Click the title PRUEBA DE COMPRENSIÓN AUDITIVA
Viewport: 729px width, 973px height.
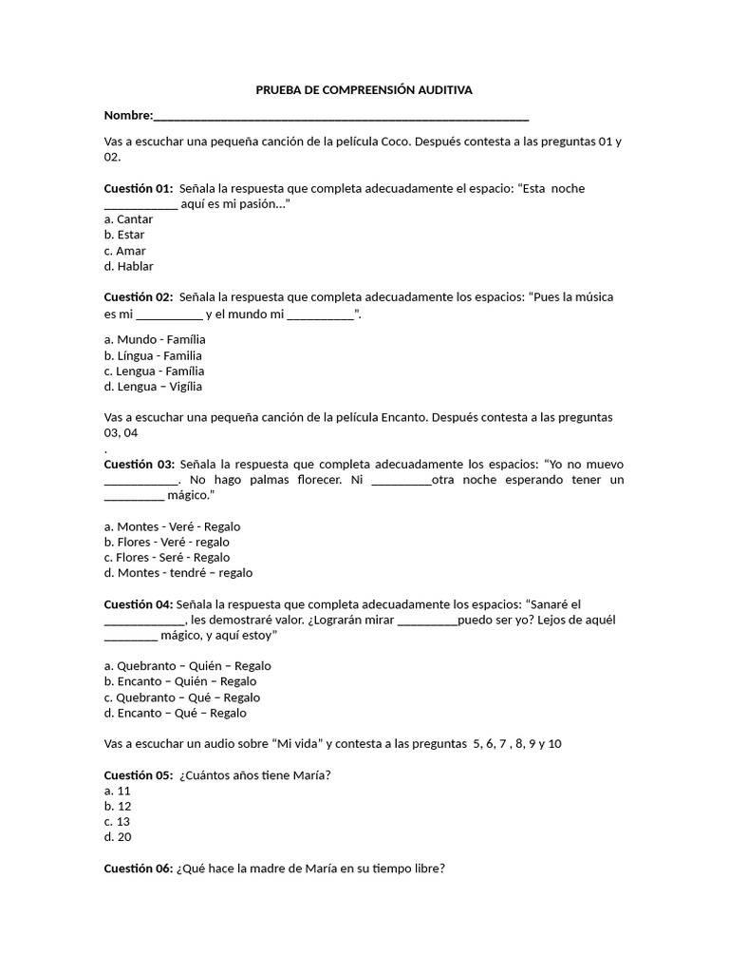(364, 89)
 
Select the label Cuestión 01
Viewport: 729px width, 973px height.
(139, 188)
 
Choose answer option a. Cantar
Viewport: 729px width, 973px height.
(128, 219)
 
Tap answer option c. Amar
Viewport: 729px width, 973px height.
(124, 251)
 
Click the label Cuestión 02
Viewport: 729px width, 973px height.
(139, 297)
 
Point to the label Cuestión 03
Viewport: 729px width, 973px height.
(139, 464)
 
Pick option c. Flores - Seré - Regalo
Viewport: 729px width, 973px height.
(167, 558)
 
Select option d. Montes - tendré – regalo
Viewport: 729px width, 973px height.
(178, 573)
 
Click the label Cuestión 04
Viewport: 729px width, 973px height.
(139, 604)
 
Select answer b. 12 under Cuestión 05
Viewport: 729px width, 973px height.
(118, 806)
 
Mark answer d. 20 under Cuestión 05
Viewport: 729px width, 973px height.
(118, 837)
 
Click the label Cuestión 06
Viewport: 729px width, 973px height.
(139, 868)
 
